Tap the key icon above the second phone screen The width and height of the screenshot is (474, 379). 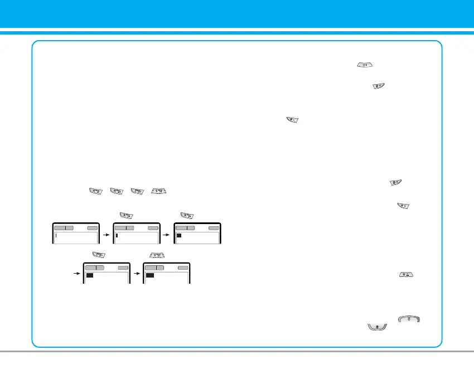click(125, 216)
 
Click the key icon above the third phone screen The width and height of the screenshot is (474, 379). click(187, 216)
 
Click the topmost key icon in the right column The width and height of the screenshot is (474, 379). click(365, 65)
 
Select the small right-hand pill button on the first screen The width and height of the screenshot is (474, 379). click(92, 228)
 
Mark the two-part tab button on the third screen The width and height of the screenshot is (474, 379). click(185, 228)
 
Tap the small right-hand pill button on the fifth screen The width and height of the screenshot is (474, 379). click(183, 268)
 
